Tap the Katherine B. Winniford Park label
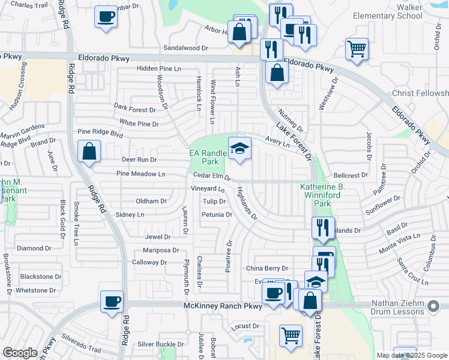click(x=324, y=196)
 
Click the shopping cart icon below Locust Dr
click(x=291, y=335)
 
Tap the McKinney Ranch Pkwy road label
click(x=223, y=306)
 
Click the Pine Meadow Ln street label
click(x=140, y=174)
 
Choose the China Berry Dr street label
click(x=267, y=268)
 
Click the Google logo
click(x=20, y=353)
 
